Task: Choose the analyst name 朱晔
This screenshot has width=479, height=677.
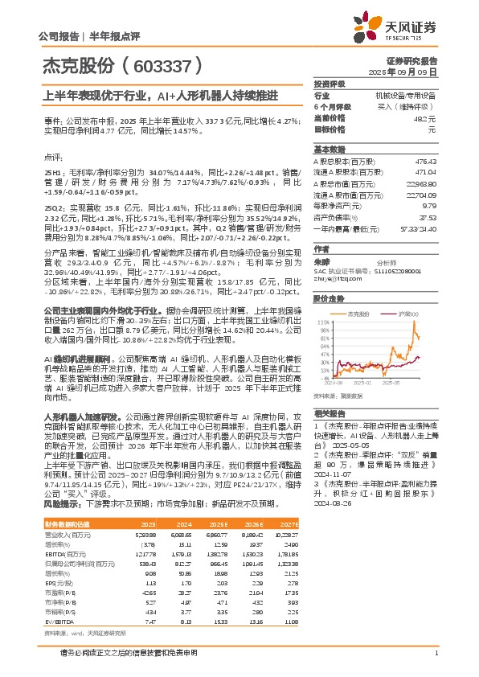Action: coord(321,262)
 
